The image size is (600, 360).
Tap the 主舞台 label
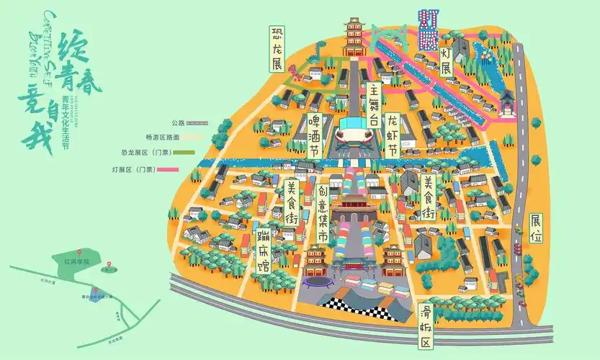pyautogui.click(x=373, y=104)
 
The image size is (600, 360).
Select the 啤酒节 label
pyautogui.click(x=314, y=135)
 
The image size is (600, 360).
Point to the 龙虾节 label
pyautogui.click(x=393, y=135)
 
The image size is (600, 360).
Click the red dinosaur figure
pyautogui.click(x=295, y=72)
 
